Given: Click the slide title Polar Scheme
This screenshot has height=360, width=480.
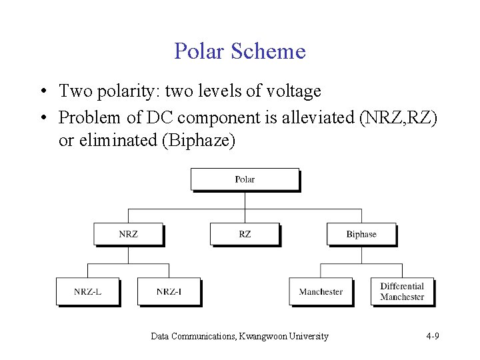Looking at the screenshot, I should [x=239, y=51].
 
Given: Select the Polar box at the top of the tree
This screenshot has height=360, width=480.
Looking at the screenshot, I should [x=245, y=179].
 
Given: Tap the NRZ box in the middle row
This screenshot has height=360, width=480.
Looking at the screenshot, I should [x=128, y=234].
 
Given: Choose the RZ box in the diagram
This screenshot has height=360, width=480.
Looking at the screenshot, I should [x=245, y=234].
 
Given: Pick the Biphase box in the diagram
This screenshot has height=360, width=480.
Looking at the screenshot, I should [x=361, y=234].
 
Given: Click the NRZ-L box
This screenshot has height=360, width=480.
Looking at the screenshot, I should [x=87, y=291].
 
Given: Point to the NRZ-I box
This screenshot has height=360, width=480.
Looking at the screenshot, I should [x=169, y=291].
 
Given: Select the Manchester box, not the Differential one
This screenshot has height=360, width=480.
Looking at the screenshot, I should [x=321, y=291].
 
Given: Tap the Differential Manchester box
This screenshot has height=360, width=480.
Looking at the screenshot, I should [x=402, y=291].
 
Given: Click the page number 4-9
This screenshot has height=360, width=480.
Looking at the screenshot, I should [x=432, y=337].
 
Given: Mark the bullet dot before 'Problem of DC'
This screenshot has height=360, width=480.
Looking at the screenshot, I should [x=42, y=118].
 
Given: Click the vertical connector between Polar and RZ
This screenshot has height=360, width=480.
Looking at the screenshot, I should [x=245, y=207].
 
